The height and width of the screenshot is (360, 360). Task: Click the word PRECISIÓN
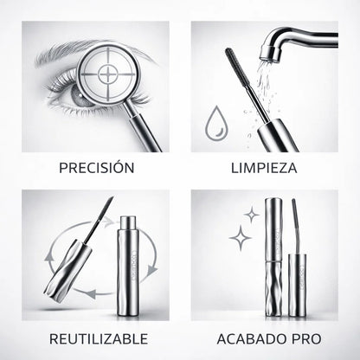96,167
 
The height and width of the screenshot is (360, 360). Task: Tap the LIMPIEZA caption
263,167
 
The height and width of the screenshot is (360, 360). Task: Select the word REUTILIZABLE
96,337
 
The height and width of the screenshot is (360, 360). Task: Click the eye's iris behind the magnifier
84,93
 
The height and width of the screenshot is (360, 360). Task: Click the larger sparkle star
241,237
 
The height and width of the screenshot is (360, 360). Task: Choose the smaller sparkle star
251,213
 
